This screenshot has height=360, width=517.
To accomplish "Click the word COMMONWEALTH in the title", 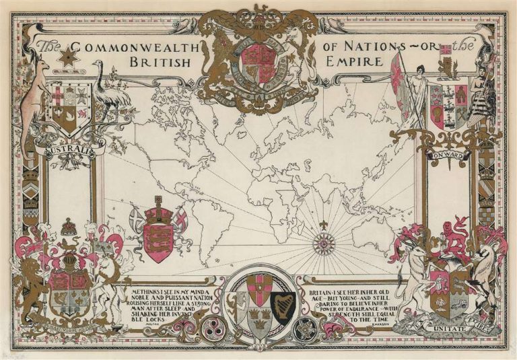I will (135, 48).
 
